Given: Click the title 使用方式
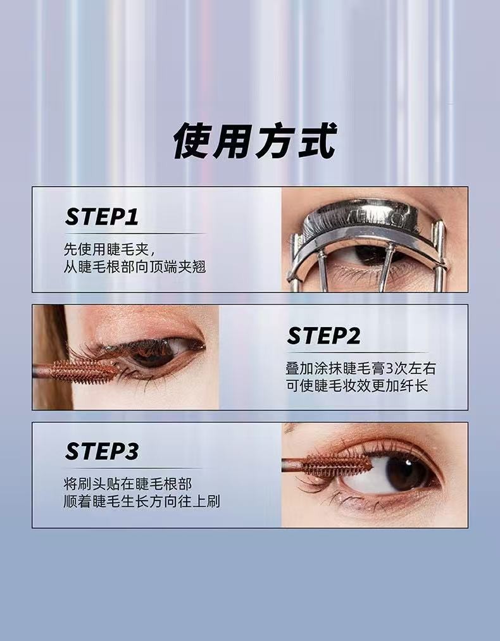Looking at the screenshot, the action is [x=254, y=141].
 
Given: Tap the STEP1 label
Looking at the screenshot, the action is [x=102, y=216].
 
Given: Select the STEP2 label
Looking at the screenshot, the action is [x=324, y=336].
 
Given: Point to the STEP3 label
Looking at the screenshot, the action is [x=102, y=451].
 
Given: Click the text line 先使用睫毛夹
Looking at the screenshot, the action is [x=109, y=249].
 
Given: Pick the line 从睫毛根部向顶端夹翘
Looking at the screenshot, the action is [x=135, y=266].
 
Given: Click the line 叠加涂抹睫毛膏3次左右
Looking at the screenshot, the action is [x=361, y=368].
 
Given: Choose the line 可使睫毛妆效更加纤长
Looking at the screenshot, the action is [x=357, y=385].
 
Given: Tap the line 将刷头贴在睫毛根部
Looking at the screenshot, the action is [x=128, y=484].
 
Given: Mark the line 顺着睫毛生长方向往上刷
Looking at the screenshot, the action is [x=142, y=501].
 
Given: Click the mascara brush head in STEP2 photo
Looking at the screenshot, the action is [x=84, y=371].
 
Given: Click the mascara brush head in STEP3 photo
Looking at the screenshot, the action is [x=337, y=465].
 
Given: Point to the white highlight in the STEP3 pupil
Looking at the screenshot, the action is [x=408, y=463].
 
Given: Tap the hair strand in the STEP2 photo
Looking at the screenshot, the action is [x=51, y=356].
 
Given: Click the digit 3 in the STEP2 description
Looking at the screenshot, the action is [x=389, y=369].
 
